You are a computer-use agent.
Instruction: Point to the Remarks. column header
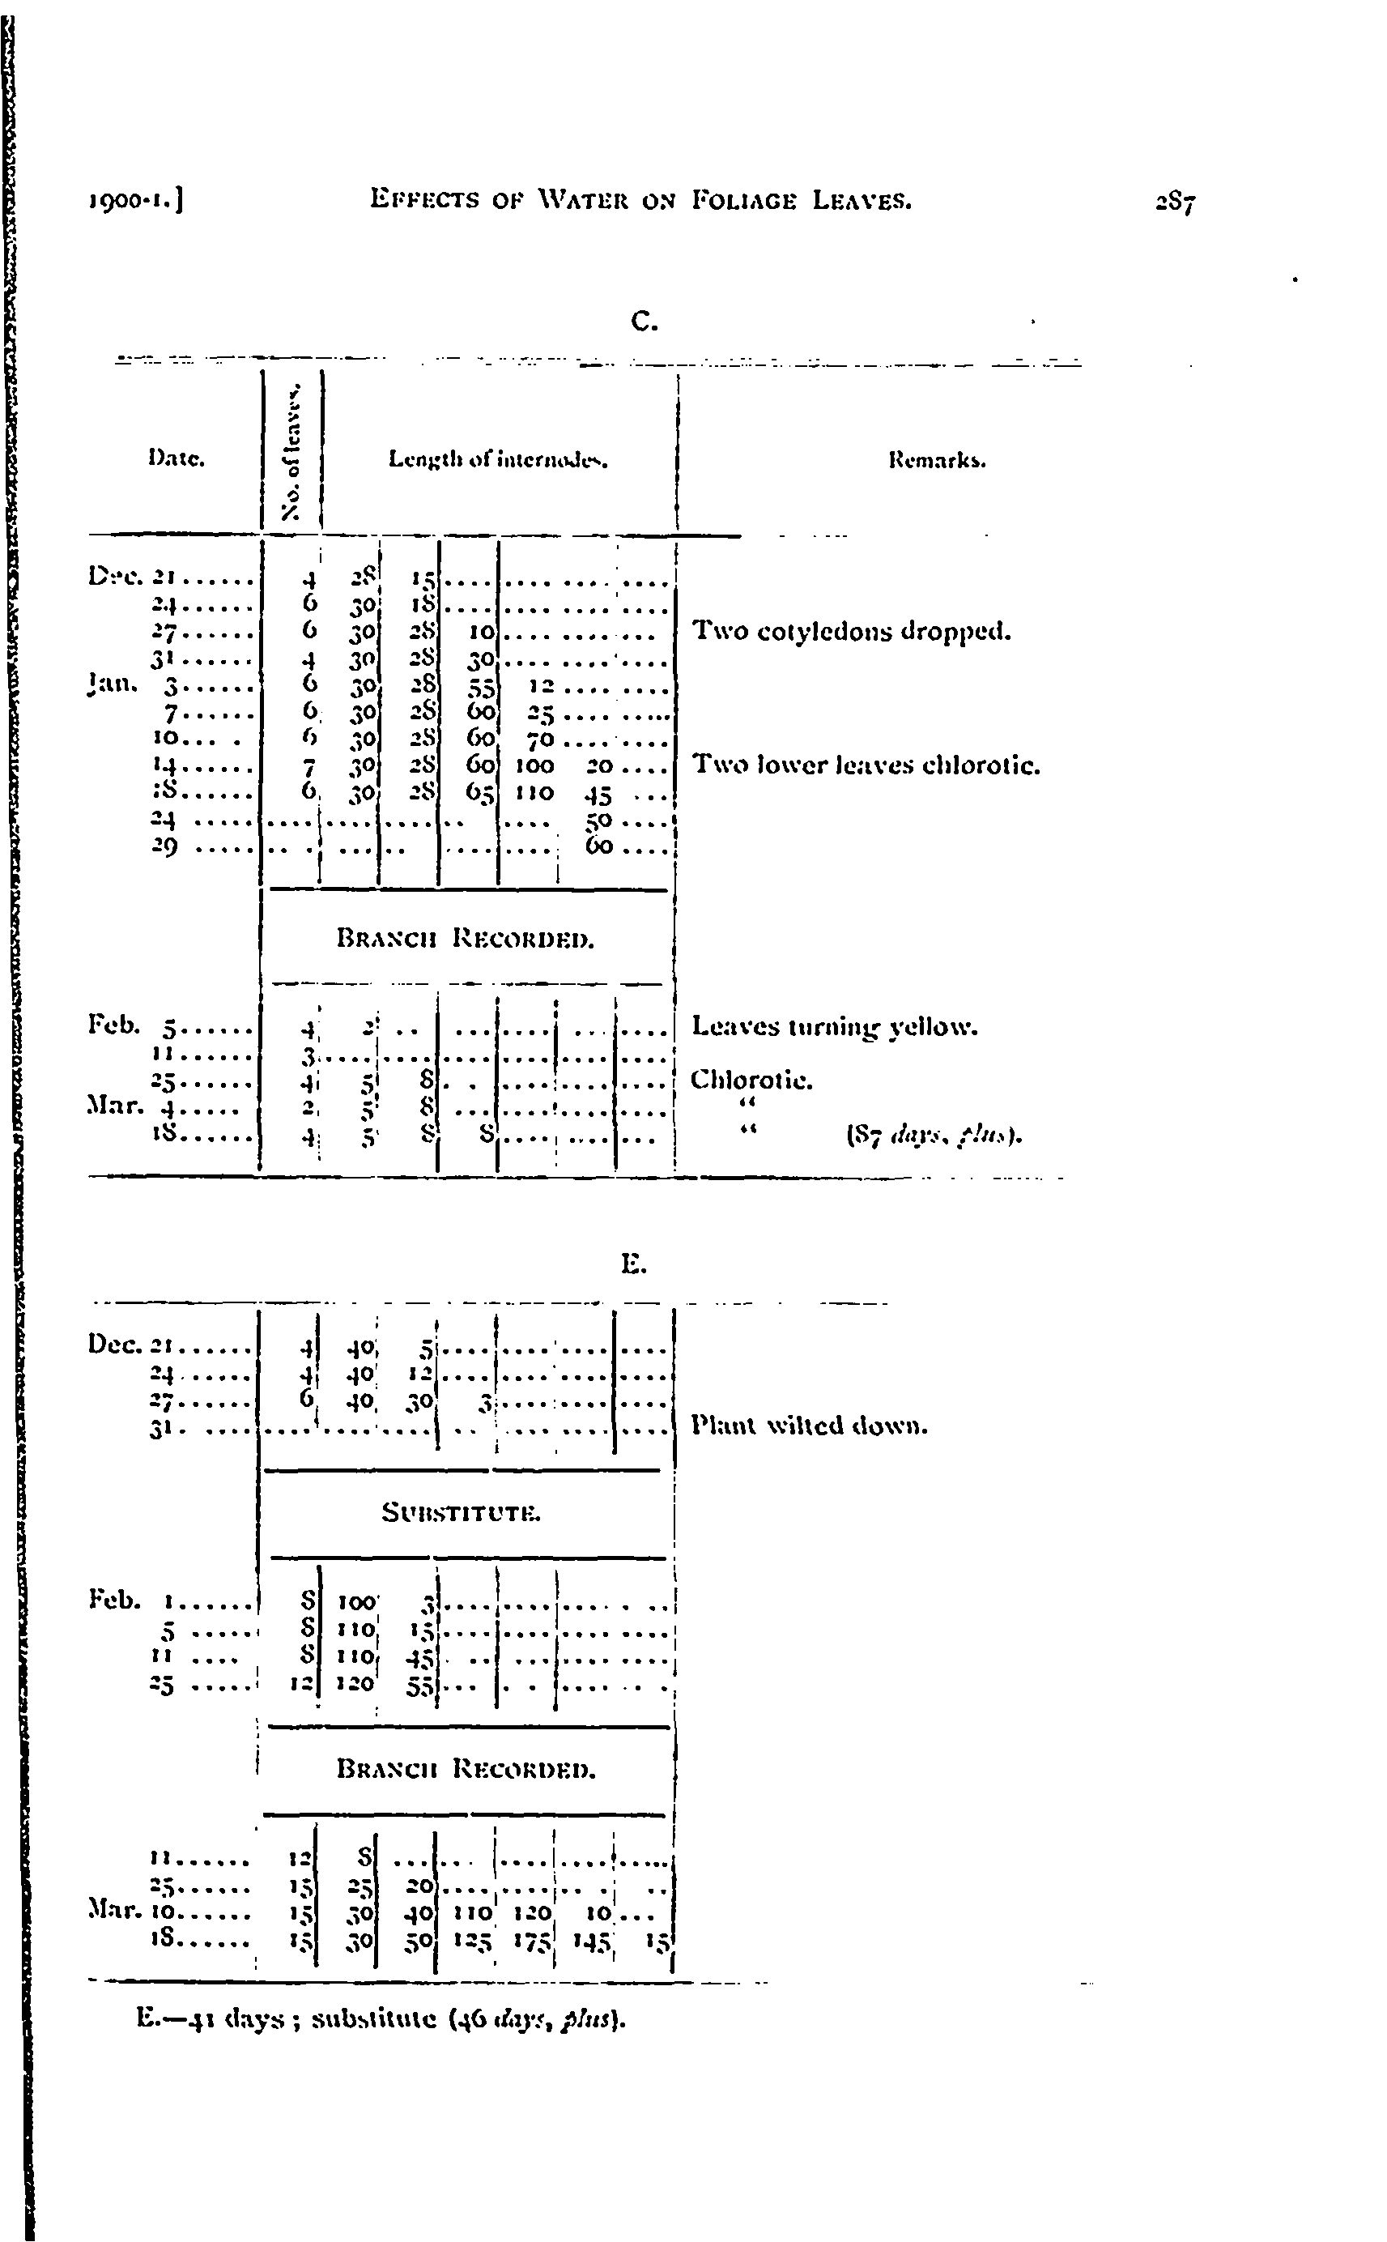tap(937, 462)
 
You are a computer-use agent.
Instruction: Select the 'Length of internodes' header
tap(499, 458)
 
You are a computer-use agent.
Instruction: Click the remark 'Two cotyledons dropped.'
tap(851, 631)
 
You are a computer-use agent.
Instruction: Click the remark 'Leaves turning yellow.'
tap(834, 1025)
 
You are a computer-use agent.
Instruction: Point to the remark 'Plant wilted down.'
tap(810, 1426)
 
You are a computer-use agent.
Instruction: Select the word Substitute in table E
tap(462, 1513)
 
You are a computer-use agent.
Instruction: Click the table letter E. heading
tap(634, 1265)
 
